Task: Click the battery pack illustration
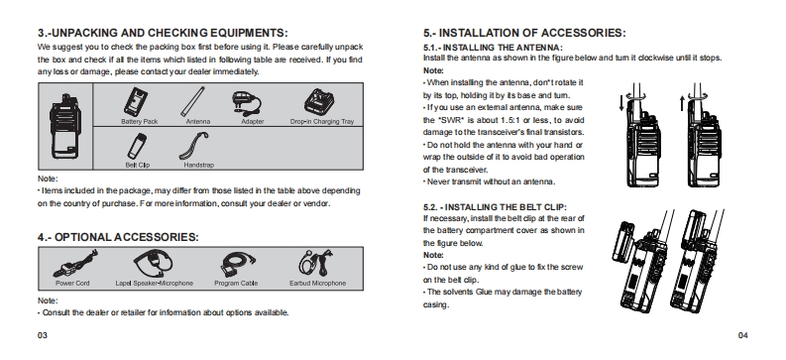pyautogui.click(x=135, y=102)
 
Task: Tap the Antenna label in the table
pyautogui.click(x=198, y=122)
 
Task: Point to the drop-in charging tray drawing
pyautogui.click(x=320, y=102)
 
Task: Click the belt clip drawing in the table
pyautogui.click(x=136, y=147)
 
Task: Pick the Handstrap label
pyautogui.click(x=198, y=165)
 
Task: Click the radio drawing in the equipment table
pyautogui.click(x=65, y=126)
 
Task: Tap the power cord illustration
pyautogui.click(x=75, y=264)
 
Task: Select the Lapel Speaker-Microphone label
pyautogui.click(x=154, y=284)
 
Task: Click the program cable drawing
pyautogui.click(x=238, y=264)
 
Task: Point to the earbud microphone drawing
pyautogui.click(x=317, y=263)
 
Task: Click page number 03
pyautogui.click(x=43, y=335)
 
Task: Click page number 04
pyautogui.click(x=743, y=335)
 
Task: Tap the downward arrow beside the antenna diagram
pyautogui.click(x=621, y=103)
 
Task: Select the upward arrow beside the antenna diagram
pyautogui.click(x=682, y=103)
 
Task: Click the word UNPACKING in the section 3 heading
pyautogui.click(x=84, y=33)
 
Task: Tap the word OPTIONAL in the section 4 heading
pyautogui.click(x=82, y=237)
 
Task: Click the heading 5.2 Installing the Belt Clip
pyautogui.click(x=495, y=207)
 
